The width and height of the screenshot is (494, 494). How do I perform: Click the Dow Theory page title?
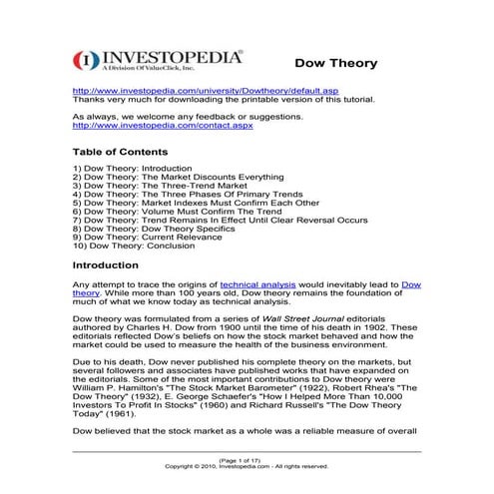pyautogui.click(x=333, y=63)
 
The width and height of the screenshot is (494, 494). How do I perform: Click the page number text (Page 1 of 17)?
pyautogui.click(x=247, y=459)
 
